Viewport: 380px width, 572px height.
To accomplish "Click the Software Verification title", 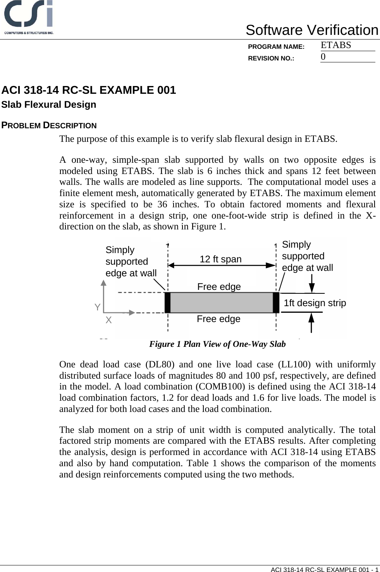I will [x=312, y=30].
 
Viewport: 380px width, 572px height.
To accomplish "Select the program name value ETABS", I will [x=336, y=45].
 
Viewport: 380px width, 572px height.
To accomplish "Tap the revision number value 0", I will [x=323, y=57].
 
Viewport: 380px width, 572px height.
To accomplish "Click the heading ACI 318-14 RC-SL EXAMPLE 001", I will [x=89, y=90].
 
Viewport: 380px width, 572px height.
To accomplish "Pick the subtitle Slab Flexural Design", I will [x=49, y=105].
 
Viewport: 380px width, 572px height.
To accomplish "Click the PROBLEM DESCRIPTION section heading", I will [x=49, y=126].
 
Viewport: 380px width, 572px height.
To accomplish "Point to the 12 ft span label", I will [x=220, y=259].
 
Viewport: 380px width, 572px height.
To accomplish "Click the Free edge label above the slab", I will [x=219, y=287].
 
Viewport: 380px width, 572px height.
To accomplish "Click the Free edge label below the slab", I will [x=218, y=319].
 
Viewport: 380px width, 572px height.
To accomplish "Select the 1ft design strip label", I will [x=315, y=303].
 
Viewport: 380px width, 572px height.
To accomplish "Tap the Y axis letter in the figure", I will [x=98, y=307].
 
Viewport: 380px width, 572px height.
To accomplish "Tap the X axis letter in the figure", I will [x=108, y=320].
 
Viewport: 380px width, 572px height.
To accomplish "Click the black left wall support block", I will [x=167, y=303].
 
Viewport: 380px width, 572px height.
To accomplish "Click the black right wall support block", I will [x=276, y=303].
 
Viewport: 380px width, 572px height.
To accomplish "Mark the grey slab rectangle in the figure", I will [x=222, y=303].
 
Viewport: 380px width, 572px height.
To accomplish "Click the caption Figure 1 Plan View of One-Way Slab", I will [x=217, y=344].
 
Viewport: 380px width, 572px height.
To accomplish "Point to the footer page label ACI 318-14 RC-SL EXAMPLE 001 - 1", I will [x=324, y=569].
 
